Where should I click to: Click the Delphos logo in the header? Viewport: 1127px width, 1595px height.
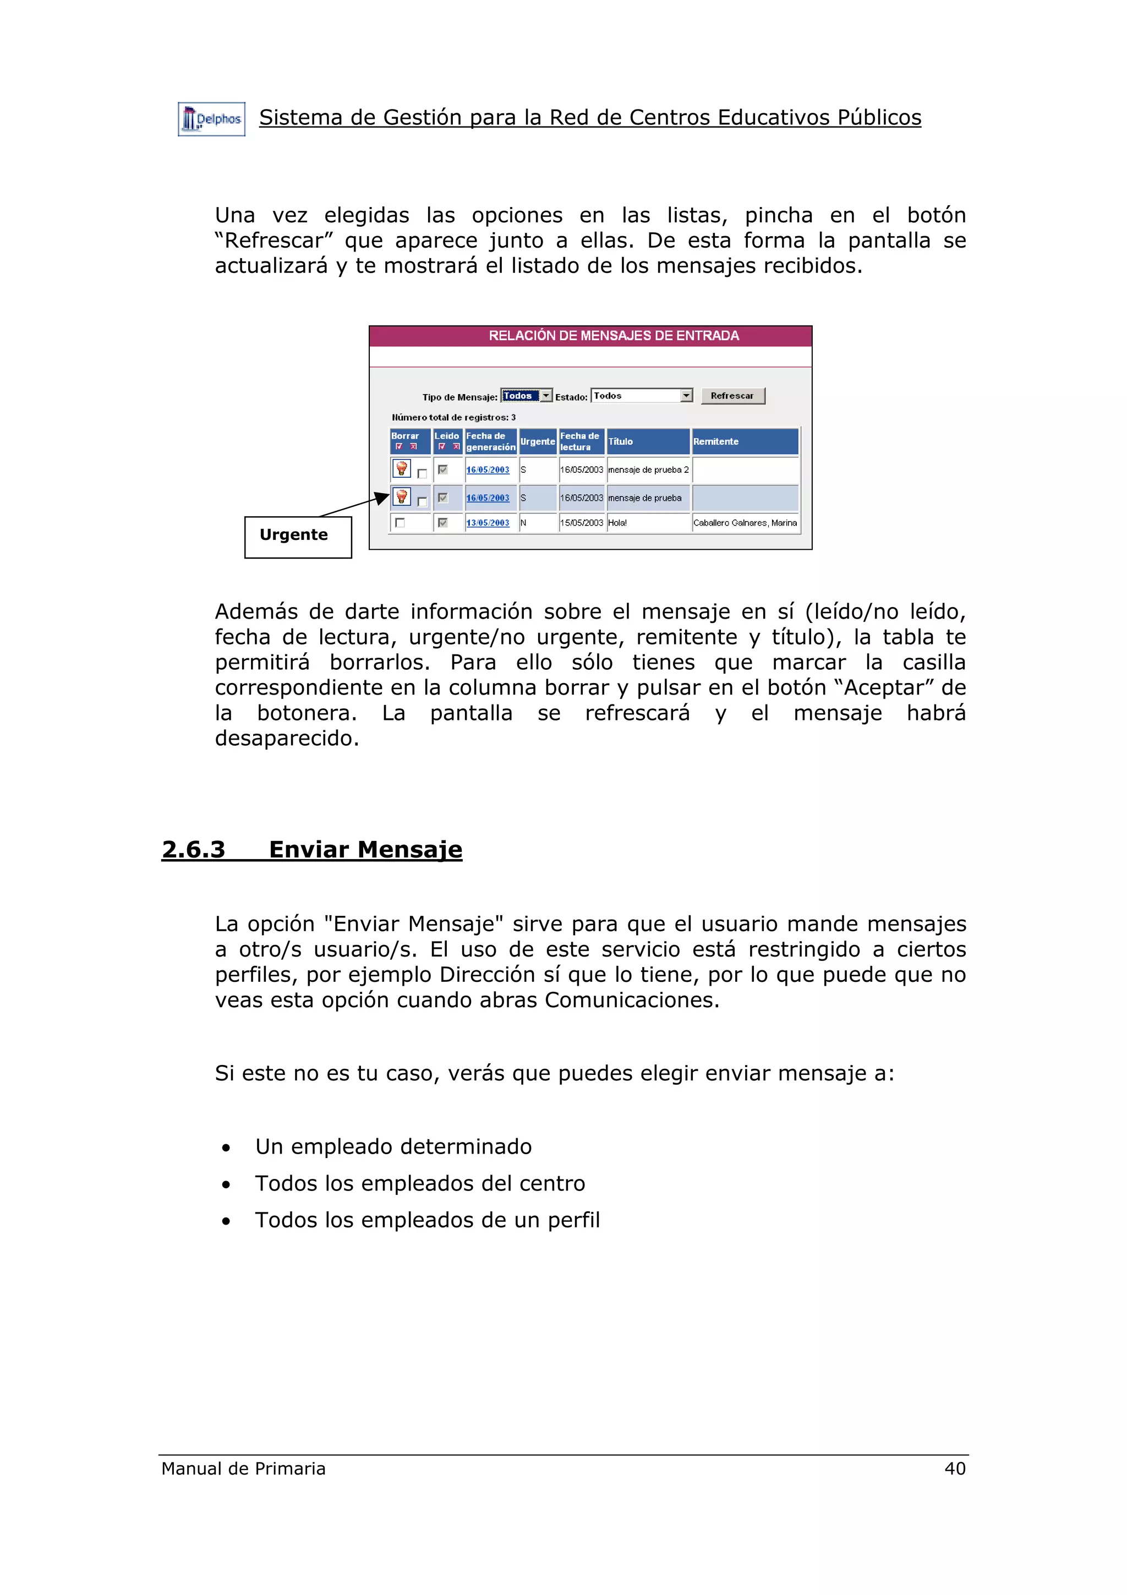[x=211, y=119]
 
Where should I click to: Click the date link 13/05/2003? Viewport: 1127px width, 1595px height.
[x=488, y=523]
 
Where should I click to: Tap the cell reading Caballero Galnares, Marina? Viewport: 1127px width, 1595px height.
[x=745, y=523]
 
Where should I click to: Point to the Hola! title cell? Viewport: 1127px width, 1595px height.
[x=617, y=523]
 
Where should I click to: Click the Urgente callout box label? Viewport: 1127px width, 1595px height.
[x=294, y=535]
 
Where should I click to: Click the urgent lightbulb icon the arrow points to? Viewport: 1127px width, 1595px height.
[x=401, y=496]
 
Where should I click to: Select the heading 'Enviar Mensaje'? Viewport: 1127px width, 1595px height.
[x=365, y=850]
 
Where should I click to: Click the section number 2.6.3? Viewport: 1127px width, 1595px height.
[x=194, y=850]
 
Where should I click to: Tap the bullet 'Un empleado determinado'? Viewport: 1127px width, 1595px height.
[x=393, y=1147]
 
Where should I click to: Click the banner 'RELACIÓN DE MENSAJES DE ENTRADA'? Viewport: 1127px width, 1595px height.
[x=613, y=336]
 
